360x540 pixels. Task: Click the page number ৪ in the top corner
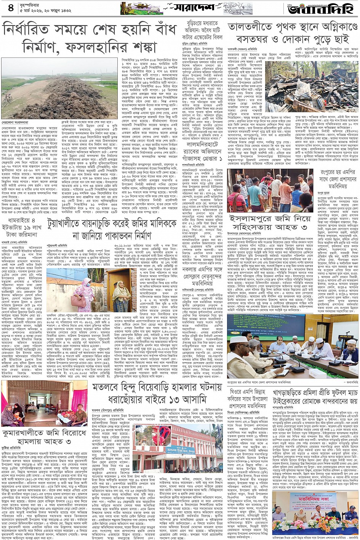point(11,8)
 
